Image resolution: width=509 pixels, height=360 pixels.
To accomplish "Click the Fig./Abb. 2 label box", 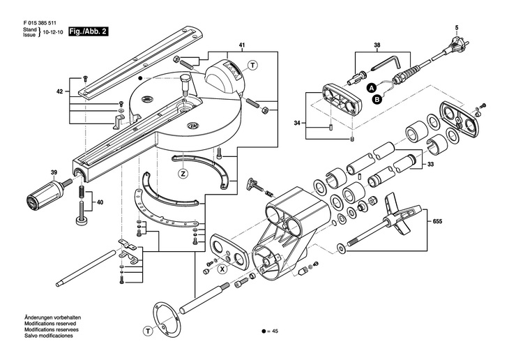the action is tap(88, 32).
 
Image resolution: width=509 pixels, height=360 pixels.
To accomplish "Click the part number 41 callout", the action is tap(241, 45).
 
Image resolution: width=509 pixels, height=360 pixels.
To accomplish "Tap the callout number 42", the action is tap(59, 91).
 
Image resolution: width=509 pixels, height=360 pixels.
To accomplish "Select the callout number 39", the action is tap(53, 173).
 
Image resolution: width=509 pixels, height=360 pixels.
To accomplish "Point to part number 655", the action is tap(437, 222).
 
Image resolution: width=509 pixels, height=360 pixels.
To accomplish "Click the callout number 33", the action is tap(430, 165).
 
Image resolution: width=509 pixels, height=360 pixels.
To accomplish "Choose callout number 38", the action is tap(377, 45).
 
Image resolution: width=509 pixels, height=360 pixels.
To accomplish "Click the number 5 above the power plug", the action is tap(456, 27).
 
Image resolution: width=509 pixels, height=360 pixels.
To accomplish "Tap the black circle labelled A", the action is tap(372, 87).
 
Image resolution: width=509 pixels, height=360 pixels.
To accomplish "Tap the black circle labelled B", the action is tap(377, 100).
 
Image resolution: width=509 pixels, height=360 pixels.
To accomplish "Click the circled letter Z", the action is tap(183, 174).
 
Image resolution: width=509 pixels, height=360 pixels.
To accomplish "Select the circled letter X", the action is tap(222, 269).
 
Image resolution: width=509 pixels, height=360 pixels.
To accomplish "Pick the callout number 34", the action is tap(297, 123).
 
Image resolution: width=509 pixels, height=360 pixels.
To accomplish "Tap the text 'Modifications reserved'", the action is tap(50, 324).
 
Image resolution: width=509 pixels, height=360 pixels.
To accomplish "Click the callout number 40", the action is tap(100, 202).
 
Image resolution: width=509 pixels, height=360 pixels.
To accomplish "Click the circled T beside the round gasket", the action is tap(148, 331).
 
